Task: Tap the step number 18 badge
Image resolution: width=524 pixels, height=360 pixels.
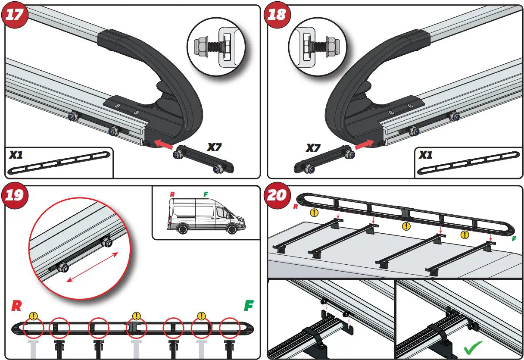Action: tap(277, 15)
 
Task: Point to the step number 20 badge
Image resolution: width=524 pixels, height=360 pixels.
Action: tap(277, 195)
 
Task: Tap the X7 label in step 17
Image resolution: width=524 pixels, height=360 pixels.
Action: tap(214, 147)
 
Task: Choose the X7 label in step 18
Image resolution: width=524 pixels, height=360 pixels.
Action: tap(313, 148)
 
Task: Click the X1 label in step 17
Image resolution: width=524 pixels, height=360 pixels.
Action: tap(16, 155)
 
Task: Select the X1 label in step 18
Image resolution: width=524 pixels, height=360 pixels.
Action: tap(426, 155)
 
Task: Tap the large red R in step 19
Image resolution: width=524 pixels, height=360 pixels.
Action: tap(16, 306)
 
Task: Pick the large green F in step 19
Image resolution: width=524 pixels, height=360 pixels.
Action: tap(248, 306)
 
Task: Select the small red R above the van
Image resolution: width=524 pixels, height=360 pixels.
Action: tap(172, 194)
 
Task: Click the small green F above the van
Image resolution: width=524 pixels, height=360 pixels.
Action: tap(206, 194)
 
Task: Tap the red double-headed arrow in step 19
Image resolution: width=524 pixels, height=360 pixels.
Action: tap(92, 267)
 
